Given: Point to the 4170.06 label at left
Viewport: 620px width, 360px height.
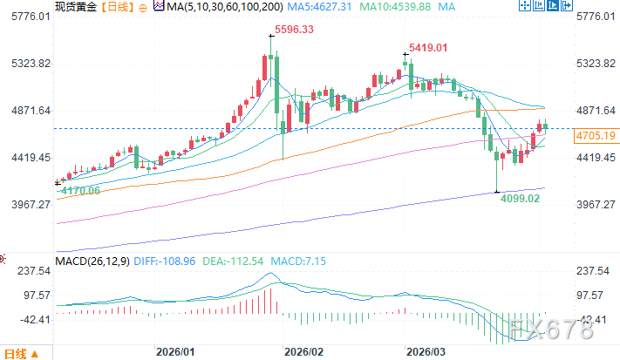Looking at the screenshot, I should click(77, 190).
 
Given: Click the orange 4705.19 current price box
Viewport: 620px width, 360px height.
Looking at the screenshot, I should click(596, 135).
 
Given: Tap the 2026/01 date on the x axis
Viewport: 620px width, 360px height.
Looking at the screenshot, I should click(174, 351).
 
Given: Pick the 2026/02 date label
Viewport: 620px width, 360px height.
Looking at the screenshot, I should click(303, 351).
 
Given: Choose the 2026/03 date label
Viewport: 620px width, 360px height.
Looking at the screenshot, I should click(427, 351).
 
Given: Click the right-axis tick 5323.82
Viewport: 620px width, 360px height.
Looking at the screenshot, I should click(596, 64).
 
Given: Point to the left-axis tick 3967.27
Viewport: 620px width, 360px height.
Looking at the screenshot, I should click(25, 204).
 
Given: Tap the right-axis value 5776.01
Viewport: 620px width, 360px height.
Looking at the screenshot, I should click(596, 17).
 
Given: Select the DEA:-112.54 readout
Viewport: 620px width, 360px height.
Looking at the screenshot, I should click(218, 261).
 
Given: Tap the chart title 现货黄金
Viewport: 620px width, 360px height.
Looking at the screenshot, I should click(74, 8).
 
